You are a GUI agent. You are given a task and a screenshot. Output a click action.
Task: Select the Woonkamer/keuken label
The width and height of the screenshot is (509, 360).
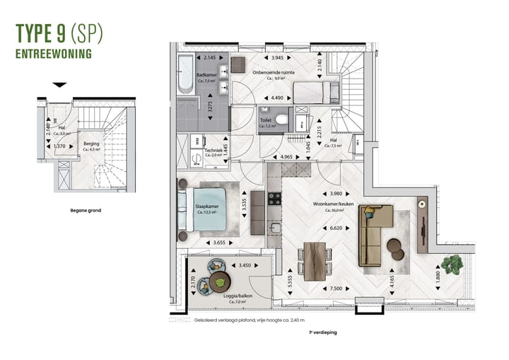(x=333, y=204)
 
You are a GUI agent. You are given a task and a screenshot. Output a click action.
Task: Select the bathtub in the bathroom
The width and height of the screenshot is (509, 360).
(x=185, y=74)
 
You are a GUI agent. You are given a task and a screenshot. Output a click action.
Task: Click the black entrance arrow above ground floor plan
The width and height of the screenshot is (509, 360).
(x=60, y=85)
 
